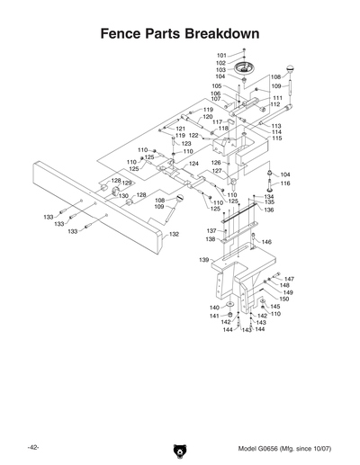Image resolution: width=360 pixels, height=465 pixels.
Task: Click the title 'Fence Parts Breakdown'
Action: [179, 33]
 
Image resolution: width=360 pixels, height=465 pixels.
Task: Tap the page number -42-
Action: [32, 447]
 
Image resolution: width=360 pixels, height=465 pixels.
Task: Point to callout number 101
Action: [221, 56]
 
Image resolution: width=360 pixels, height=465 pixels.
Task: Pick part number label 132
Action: [175, 234]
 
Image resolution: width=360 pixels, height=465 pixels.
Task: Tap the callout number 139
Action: [204, 260]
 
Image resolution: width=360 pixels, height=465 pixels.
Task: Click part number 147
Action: [289, 279]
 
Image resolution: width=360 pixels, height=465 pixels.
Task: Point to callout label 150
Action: [284, 299]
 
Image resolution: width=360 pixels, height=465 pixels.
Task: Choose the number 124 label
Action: [193, 164]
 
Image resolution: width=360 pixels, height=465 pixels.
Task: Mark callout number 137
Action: [210, 231]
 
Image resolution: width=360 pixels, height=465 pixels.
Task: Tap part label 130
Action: [123, 195]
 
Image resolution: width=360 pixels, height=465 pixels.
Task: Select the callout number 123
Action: [186, 144]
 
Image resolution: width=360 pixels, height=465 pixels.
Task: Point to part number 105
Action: [217, 86]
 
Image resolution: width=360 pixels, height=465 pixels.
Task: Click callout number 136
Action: [269, 210]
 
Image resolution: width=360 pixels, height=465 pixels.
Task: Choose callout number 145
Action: [275, 307]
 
